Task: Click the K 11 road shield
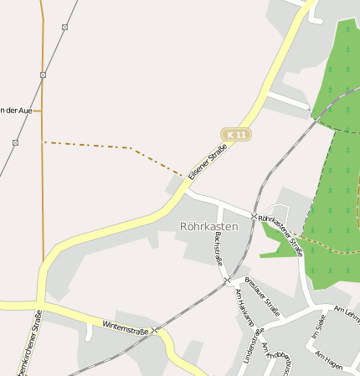(x=237, y=134)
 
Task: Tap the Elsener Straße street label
(x=208, y=162)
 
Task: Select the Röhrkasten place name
(x=208, y=226)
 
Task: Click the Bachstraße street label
(x=219, y=248)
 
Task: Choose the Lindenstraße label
(x=248, y=345)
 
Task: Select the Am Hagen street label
(x=330, y=361)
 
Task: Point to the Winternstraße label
(x=125, y=327)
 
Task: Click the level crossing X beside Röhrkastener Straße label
(x=255, y=216)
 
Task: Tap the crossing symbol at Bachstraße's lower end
(x=227, y=281)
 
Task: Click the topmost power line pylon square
(x=64, y=27)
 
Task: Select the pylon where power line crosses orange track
(x=43, y=75)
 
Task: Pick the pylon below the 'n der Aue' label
(x=15, y=142)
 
